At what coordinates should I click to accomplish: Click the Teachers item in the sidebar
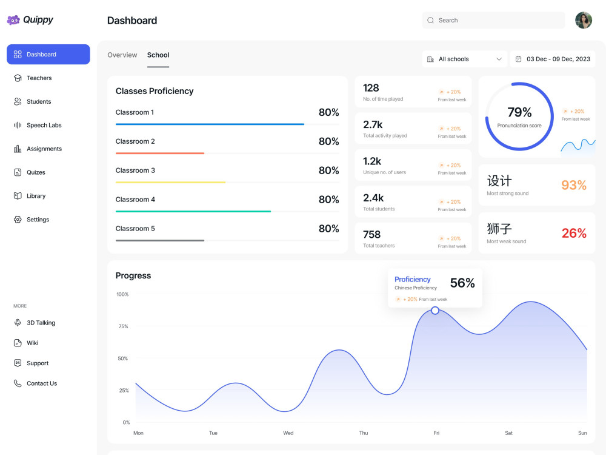(39, 78)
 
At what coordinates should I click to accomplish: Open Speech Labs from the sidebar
(44, 126)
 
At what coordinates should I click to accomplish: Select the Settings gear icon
(18, 220)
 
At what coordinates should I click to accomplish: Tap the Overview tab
(122, 55)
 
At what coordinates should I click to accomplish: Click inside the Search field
(493, 20)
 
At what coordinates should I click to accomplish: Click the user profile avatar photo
(583, 20)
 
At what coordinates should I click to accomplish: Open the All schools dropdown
(464, 59)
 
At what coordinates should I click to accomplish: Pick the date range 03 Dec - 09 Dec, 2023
(558, 59)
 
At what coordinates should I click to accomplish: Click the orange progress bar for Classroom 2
(159, 153)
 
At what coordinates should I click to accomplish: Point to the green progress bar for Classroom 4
(193, 211)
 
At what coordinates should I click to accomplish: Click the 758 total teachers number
(372, 234)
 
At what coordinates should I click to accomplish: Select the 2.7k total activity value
(373, 124)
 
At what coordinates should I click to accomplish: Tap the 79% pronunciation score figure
(519, 112)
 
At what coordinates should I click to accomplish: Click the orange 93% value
(574, 185)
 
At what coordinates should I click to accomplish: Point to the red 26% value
(574, 233)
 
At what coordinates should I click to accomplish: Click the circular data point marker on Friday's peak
(435, 310)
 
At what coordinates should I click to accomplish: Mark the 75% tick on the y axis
(123, 326)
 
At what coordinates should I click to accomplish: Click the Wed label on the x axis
(288, 433)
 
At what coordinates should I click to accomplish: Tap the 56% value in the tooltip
(462, 283)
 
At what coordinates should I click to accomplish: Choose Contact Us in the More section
(42, 383)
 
